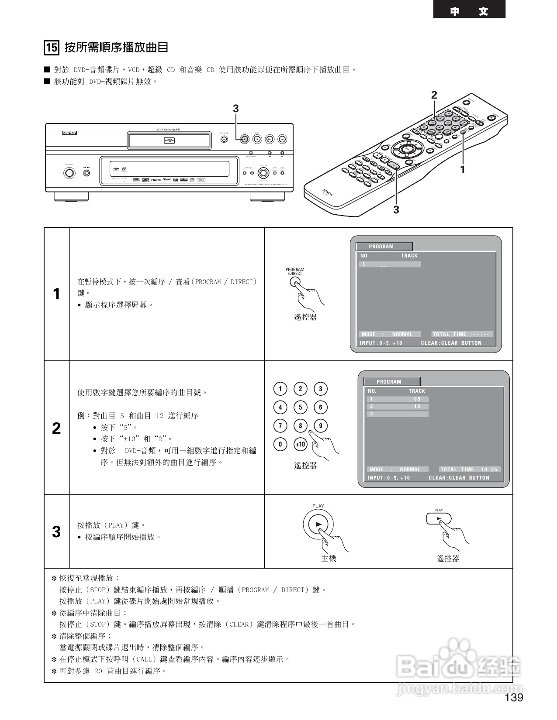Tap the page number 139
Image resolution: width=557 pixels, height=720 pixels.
coord(514,698)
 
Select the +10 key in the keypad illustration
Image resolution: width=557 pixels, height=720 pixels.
coord(301,445)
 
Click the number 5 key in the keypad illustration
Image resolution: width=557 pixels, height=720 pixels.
coord(301,408)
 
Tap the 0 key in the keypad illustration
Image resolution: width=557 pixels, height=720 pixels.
coord(280,445)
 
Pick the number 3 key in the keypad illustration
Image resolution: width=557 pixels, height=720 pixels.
coord(321,389)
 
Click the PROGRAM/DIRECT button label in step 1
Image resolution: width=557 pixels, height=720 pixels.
coord(295,271)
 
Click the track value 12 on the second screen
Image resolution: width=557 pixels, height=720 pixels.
coord(418,406)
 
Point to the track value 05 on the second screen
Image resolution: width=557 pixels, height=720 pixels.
coord(418,399)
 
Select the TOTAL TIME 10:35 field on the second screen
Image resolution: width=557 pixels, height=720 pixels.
coord(469,470)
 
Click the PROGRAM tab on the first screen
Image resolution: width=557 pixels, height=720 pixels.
coord(384,247)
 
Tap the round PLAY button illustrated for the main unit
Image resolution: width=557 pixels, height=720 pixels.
coord(318,524)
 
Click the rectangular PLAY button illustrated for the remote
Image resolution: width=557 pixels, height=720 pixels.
coord(439,519)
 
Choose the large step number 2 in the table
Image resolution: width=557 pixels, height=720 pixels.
coord(56,428)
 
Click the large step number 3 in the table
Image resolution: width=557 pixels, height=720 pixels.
coord(56,532)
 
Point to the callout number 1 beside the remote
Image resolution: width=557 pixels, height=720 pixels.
coord(463,170)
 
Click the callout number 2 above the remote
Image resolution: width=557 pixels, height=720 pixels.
coord(434,95)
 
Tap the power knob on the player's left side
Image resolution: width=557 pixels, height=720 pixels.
coord(69,173)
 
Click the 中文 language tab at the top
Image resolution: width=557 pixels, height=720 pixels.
coord(469,11)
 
